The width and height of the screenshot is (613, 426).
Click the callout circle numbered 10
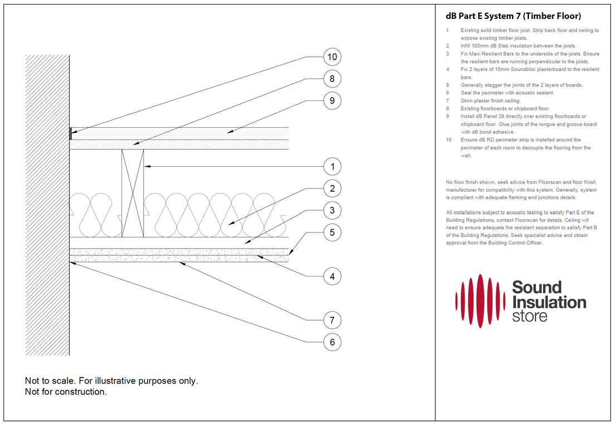tap(332, 57)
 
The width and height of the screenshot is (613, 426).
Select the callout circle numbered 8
tap(332, 79)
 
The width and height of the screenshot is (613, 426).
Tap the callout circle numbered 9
tap(332, 101)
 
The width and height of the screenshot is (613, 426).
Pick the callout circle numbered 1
tap(332, 167)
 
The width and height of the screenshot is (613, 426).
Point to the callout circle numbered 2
tap(332, 188)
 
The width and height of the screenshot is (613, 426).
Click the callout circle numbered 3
tap(332, 210)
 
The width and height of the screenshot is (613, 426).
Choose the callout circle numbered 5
tap(332, 232)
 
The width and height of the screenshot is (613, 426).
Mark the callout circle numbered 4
tap(332, 276)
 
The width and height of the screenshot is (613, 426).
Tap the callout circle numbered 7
tap(332, 320)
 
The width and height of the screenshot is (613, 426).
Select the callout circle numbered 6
tap(332, 342)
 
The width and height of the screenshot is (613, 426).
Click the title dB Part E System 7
tap(513, 16)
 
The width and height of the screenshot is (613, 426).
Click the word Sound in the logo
tap(537, 288)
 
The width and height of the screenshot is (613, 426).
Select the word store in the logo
tap(529, 317)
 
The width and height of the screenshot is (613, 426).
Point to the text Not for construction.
tap(66, 392)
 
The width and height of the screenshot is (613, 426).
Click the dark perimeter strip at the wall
tap(71, 134)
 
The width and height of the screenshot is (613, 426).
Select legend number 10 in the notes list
tap(449, 140)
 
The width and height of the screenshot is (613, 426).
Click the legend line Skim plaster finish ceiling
tap(490, 101)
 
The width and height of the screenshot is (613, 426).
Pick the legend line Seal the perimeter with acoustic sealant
tap(507, 93)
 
